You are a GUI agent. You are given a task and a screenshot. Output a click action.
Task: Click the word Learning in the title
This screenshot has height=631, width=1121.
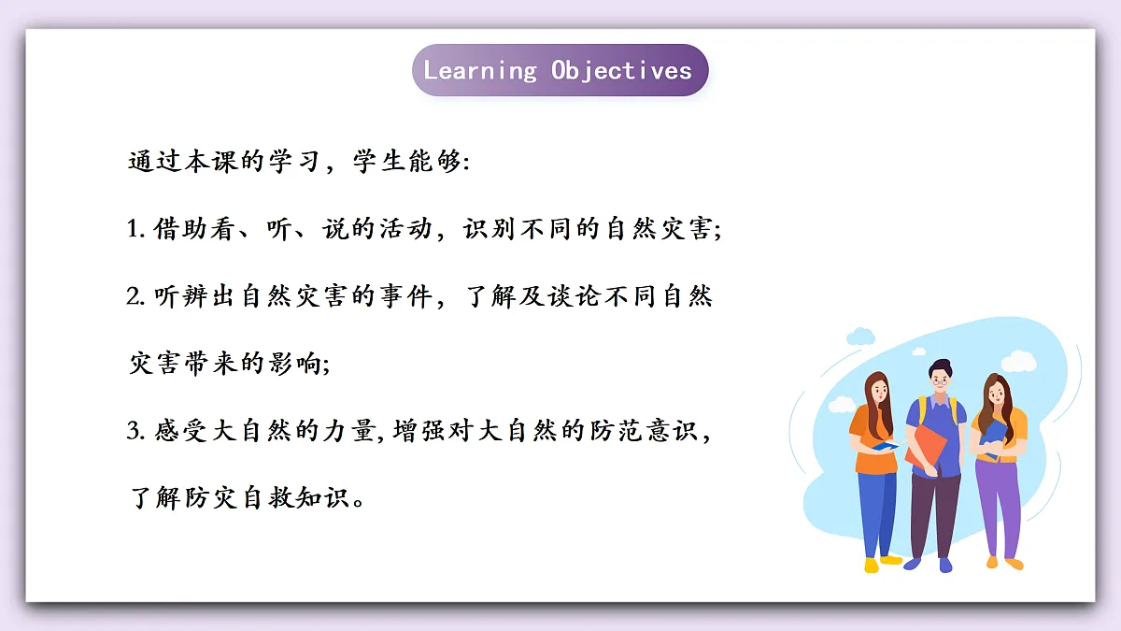click(480, 70)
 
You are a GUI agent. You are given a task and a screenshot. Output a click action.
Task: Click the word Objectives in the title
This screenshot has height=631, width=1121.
click(621, 70)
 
